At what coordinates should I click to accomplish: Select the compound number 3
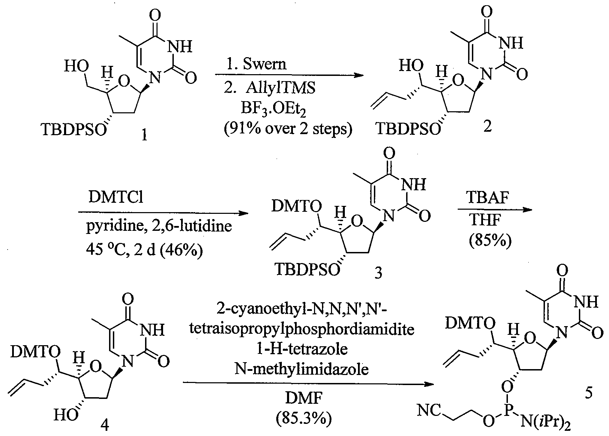coord(378,274)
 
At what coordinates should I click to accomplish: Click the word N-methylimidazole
coord(302,370)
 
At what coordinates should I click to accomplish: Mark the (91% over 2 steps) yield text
coord(288,129)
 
